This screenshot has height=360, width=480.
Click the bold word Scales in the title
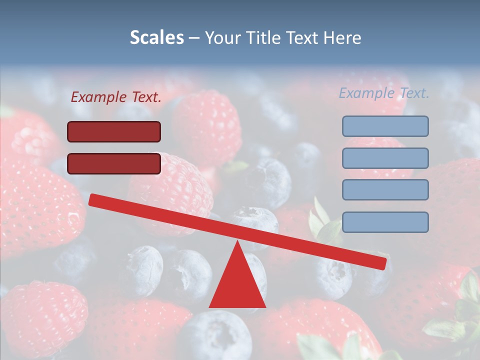click(156, 37)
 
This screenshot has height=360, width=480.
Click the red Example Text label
click(116, 97)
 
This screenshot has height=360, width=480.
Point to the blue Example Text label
click(384, 93)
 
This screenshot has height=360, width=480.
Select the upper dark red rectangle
click(114, 131)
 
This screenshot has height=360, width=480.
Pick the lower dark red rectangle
click(114, 163)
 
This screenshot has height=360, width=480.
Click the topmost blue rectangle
click(385, 126)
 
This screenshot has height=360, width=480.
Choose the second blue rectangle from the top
click(385, 158)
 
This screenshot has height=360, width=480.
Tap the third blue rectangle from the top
click(385, 190)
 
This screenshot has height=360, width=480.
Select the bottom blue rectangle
click(385, 222)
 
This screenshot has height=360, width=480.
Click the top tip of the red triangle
click(238, 243)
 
